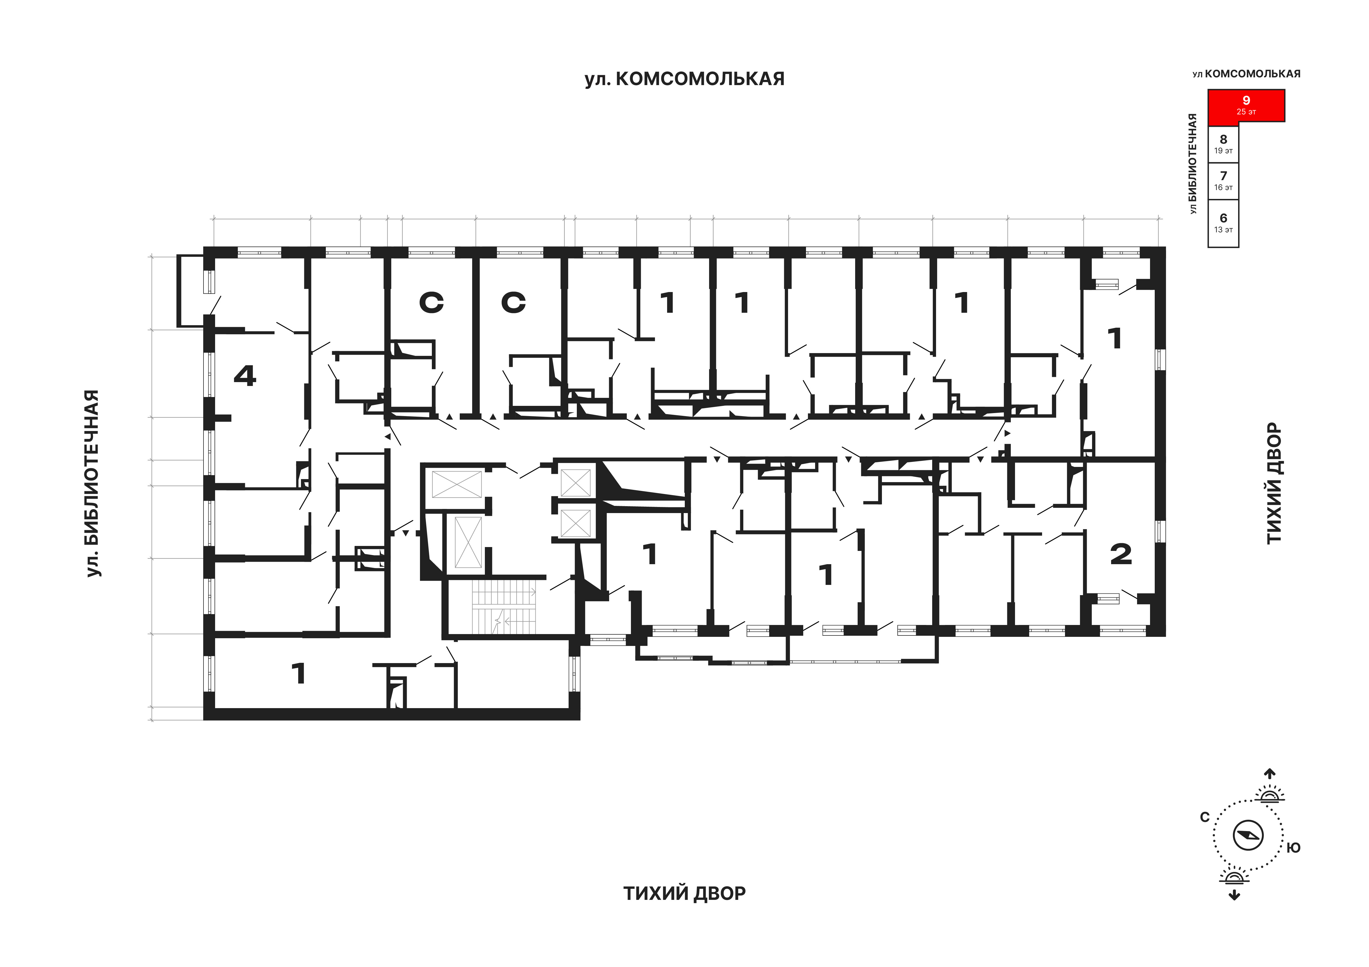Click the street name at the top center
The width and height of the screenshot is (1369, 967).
pyautogui.click(x=684, y=79)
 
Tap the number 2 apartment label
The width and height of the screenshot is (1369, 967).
pyautogui.click(x=1121, y=554)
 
